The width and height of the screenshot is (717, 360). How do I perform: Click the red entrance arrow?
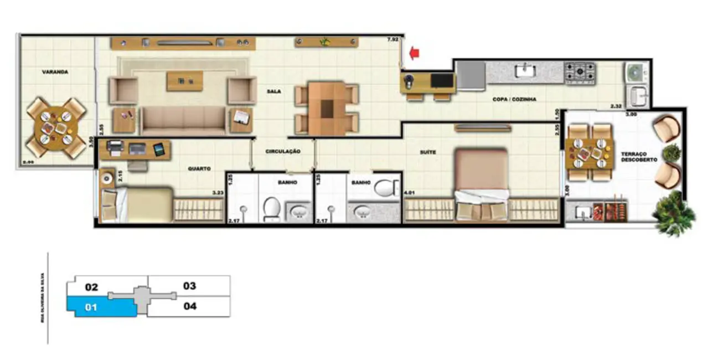click(x=414, y=53)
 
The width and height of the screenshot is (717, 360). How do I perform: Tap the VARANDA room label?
click(x=55, y=72)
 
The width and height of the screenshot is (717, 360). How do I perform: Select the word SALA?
click(x=273, y=92)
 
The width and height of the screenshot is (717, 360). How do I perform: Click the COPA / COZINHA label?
click(x=514, y=100)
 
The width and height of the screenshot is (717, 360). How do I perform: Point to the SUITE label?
click(x=427, y=151)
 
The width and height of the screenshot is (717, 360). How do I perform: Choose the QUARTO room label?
click(x=199, y=169)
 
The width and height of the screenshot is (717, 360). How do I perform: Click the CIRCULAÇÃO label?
click(x=282, y=151)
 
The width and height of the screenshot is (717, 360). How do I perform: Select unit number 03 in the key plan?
click(x=189, y=286)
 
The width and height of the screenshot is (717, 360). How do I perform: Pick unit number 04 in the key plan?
click(x=189, y=306)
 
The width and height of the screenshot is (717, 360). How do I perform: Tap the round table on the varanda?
click(x=54, y=127)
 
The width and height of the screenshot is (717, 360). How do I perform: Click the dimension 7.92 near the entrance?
click(x=393, y=39)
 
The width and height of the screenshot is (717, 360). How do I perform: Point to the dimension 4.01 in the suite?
click(x=410, y=193)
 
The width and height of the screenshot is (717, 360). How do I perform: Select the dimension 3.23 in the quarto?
click(x=218, y=193)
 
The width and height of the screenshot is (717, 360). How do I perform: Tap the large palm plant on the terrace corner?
click(x=674, y=212)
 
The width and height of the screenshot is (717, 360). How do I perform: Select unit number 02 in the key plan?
click(x=91, y=287)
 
